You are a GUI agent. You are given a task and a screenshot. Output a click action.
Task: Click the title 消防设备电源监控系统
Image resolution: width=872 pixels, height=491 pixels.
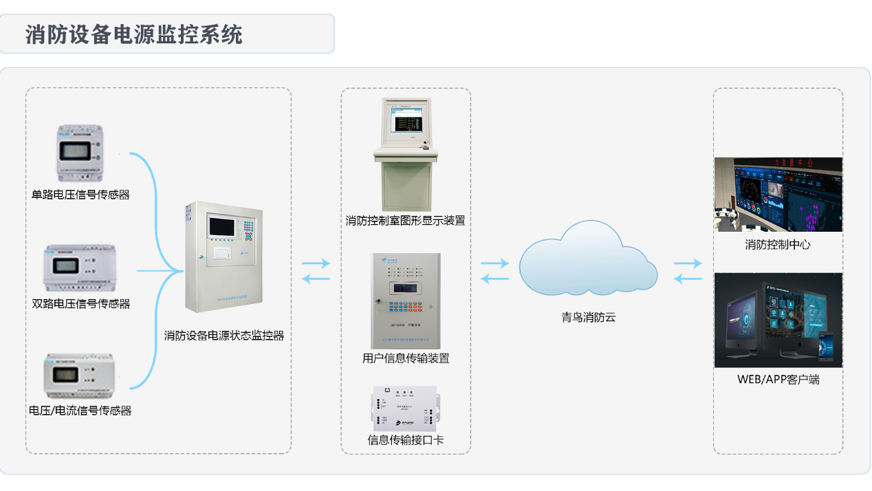tap(134, 34)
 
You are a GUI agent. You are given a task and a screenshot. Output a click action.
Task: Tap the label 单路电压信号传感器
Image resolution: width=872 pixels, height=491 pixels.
tap(80, 195)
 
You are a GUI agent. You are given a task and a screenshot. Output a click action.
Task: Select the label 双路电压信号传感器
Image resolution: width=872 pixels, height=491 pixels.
tap(80, 303)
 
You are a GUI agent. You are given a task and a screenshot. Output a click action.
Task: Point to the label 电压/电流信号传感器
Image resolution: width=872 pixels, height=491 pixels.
tap(80, 411)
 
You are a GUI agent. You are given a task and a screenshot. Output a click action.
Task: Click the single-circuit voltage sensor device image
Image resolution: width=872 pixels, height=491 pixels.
tap(80, 153)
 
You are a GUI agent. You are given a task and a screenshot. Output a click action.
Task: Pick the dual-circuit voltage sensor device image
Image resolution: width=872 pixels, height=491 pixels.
tap(80, 267)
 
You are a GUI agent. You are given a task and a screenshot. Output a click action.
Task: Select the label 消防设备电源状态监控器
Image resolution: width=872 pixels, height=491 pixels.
tap(224, 336)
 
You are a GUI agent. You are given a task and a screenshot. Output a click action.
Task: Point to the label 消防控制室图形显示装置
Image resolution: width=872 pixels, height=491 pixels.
tap(405, 221)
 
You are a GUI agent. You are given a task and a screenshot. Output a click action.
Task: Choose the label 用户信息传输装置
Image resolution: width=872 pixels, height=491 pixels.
tap(406, 358)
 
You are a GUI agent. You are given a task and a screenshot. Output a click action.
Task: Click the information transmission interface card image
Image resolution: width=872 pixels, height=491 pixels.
tap(405, 406)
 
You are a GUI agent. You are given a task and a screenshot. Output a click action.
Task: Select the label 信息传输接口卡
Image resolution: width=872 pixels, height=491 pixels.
tap(406, 440)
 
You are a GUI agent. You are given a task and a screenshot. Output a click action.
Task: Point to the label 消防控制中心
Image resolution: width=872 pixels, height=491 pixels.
tap(778, 244)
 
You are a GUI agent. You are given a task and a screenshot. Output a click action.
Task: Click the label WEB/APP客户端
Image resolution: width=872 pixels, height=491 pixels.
tap(778, 379)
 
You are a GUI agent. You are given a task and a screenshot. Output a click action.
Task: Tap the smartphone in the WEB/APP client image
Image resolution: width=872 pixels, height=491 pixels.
tap(825, 347)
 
